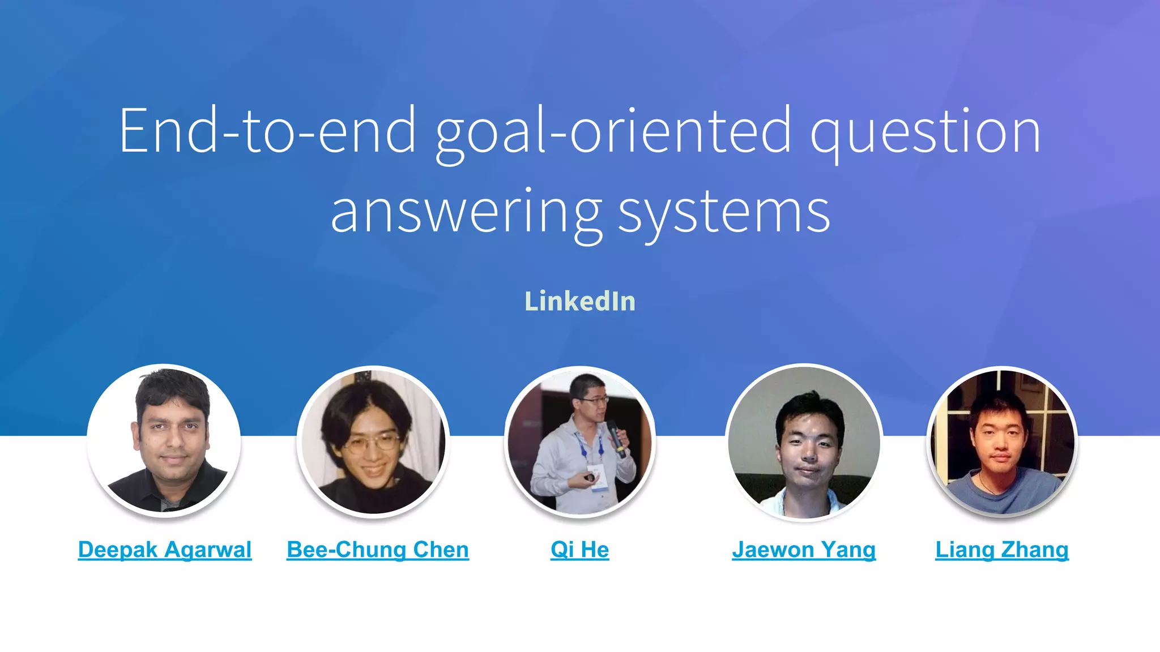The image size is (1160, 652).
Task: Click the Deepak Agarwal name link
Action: [165, 550]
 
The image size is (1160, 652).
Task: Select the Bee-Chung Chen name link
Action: [378, 550]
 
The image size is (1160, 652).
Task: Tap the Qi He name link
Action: [579, 550]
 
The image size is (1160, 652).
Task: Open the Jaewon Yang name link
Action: [804, 550]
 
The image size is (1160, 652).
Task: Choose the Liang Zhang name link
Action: [1002, 550]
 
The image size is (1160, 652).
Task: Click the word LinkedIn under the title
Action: [579, 301]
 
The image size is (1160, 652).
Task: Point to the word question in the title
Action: [925, 132]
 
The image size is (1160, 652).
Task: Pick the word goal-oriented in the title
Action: [613, 132]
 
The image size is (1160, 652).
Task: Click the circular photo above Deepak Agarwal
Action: [164, 440]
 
